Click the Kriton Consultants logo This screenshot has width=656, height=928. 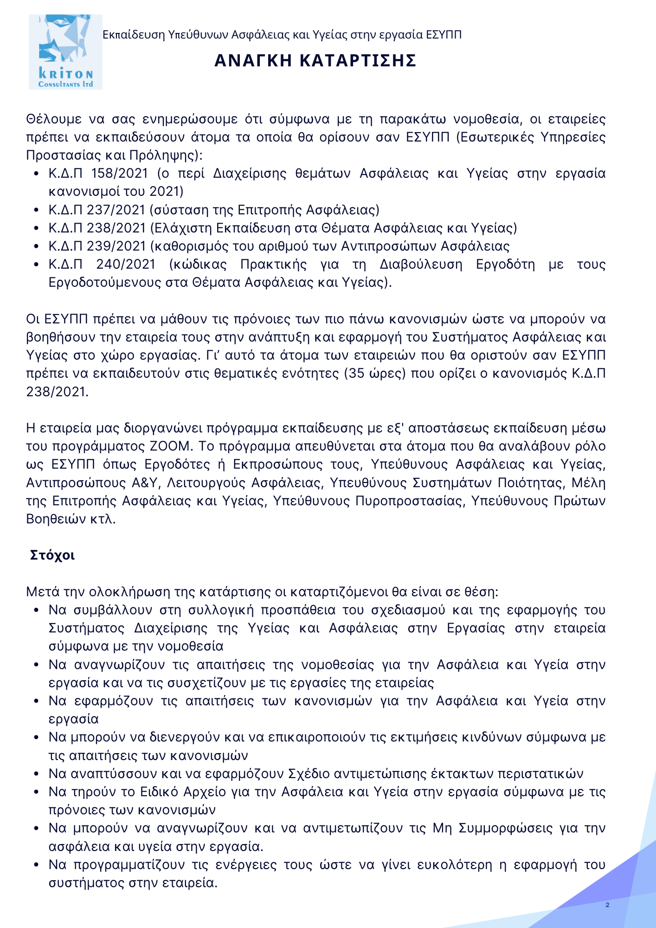coord(65,52)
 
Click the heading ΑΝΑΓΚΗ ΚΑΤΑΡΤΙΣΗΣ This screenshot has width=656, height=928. coord(315,61)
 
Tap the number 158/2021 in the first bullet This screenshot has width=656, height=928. coord(120,174)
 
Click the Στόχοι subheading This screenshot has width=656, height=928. coord(52,555)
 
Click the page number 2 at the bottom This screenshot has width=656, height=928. coord(607,905)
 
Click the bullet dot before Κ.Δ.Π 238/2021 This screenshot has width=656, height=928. coord(37,229)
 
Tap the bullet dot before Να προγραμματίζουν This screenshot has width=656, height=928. coord(37,865)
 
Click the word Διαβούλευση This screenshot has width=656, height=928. coord(421,264)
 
